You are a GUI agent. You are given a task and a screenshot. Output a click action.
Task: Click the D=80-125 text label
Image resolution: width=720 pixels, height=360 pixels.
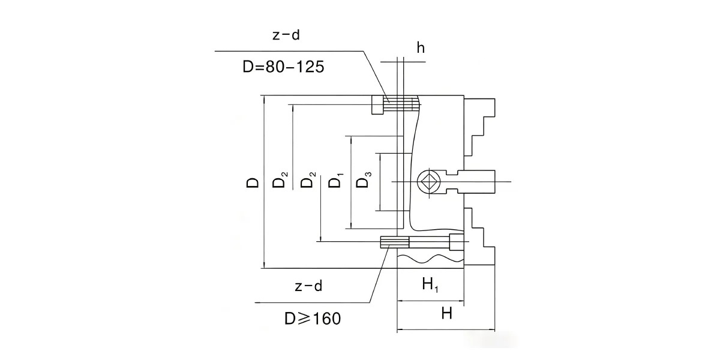click(283, 67)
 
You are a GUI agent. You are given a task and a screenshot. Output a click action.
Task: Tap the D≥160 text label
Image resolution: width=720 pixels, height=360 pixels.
click(313, 319)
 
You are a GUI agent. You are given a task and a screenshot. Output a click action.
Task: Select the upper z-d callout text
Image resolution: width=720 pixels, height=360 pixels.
click(286, 35)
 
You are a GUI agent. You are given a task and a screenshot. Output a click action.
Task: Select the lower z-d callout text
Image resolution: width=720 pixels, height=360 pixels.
click(308, 286)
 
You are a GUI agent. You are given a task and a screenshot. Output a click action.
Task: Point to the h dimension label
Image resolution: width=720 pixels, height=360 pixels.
click(421, 48)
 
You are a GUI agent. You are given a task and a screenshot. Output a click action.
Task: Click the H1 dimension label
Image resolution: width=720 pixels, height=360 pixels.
click(430, 285)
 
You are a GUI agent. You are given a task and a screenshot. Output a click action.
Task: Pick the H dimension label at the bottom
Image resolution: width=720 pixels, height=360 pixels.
click(447, 313)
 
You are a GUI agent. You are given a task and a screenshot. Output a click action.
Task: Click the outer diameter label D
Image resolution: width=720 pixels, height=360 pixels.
click(253, 182)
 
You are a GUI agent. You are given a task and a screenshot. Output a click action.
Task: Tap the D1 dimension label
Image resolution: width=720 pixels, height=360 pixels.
click(335, 181)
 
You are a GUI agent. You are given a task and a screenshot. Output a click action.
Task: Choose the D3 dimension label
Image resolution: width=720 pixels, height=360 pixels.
click(364, 179)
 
